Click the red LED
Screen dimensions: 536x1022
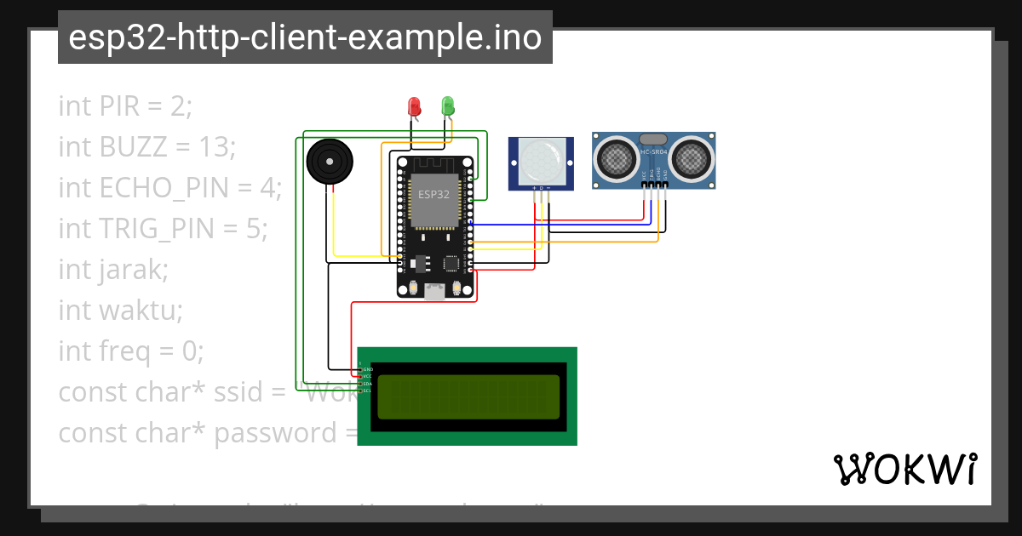(x=415, y=106)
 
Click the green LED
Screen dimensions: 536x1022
(x=448, y=106)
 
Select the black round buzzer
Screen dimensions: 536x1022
(x=328, y=161)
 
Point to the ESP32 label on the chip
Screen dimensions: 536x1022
(x=433, y=194)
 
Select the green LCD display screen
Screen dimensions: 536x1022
(x=468, y=396)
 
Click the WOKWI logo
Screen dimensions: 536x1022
(x=904, y=469)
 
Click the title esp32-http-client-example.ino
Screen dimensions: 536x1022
(x=305, y=37)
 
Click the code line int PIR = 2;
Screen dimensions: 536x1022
(x=126, y=106)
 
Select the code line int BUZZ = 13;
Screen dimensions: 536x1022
(x=146, y=147)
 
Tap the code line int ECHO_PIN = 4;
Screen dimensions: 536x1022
(x=169, y=188)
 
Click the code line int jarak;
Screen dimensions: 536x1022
(x=113, y=269)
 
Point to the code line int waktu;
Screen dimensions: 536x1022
(x=120, y=310)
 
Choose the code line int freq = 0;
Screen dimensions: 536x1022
(x=131, y=351)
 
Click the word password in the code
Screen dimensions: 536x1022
(x=275, y=433)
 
